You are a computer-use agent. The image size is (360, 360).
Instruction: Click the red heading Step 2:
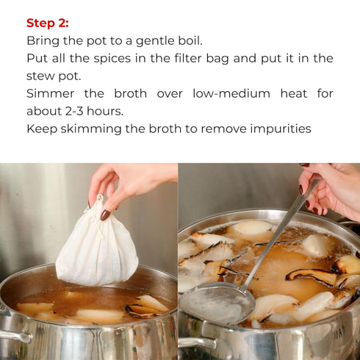click(x=48, y=24)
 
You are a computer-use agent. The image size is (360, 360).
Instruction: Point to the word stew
click(x=40, y=76)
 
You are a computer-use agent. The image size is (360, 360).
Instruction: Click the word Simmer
click(x=51, y=93)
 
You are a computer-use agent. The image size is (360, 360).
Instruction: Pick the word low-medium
click(x=231, y=93)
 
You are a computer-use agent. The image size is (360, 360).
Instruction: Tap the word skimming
click(x=91, y=129)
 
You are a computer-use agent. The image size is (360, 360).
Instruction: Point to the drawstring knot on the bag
click(x=100, y=198)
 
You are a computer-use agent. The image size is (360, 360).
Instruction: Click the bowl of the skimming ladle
click(x=217, y=303)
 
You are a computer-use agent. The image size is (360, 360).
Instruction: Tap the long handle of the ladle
click(x=281, y=232)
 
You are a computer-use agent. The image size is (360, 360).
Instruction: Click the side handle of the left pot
click(x=15, y=336)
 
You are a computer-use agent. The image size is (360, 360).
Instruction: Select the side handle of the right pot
click(x=197, y=342)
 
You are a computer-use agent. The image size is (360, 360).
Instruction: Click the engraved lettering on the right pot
click(x=340, y=331)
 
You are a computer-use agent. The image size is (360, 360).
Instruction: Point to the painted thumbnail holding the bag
click(x=106, y=215)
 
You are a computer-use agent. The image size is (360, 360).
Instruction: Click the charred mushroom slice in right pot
click(x=311, y=276)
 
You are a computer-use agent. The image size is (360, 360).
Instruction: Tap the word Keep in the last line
click(x=42, y=129)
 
